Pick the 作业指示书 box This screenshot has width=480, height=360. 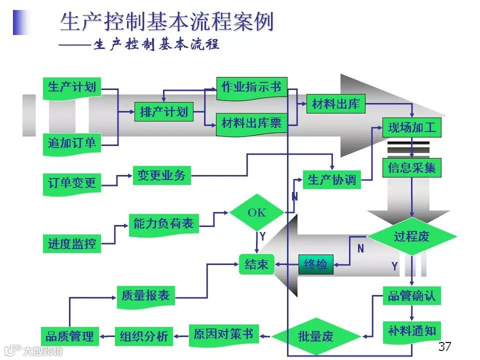pos(251,87)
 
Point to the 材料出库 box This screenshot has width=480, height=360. pos(335,104)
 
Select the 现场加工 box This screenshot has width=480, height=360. pos(412,127)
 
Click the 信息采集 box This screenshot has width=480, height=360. pos(412,168)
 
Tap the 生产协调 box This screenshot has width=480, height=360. pos(332,180)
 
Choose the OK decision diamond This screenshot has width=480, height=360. pos(257,212)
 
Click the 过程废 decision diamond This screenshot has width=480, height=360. pos(412,236)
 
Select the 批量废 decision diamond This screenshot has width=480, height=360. pos(315,336)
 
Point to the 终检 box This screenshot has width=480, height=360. pos(315,264)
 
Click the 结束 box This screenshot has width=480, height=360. pos(256,264)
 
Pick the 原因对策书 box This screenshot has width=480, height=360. pos(223,334)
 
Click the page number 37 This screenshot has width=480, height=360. pos(444,346)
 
